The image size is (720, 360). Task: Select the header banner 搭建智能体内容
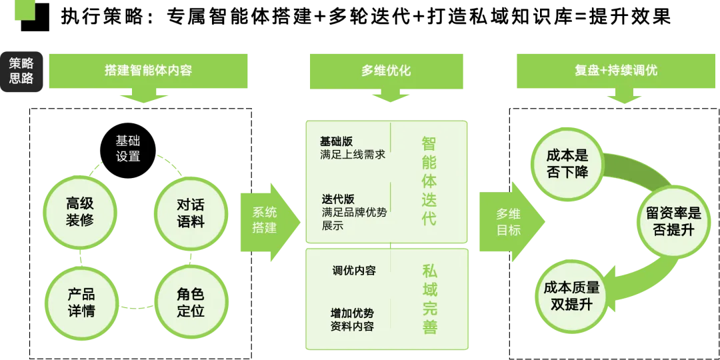pyautogui.click(x=149, y=70)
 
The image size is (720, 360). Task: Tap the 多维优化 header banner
pyautogui.click(x=386, y=70)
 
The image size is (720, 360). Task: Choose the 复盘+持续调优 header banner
pyautogui.click(x=615, y=70)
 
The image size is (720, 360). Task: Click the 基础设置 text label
pyautogui.click(x=128, y=149)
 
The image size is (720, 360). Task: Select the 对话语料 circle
pyautogui.click(x=191, y=213)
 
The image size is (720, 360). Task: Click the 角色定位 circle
pyautogui.click(x=191, y=302)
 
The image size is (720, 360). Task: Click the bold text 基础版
pyautogui.click(x=336, y=141)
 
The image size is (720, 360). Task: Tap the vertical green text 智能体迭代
pyautogui.click(x=429, y=180)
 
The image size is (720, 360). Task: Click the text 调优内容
pyautogui.click(x=354, y=271)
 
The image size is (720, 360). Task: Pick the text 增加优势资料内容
pyautogui.click(x=352, y=319)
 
